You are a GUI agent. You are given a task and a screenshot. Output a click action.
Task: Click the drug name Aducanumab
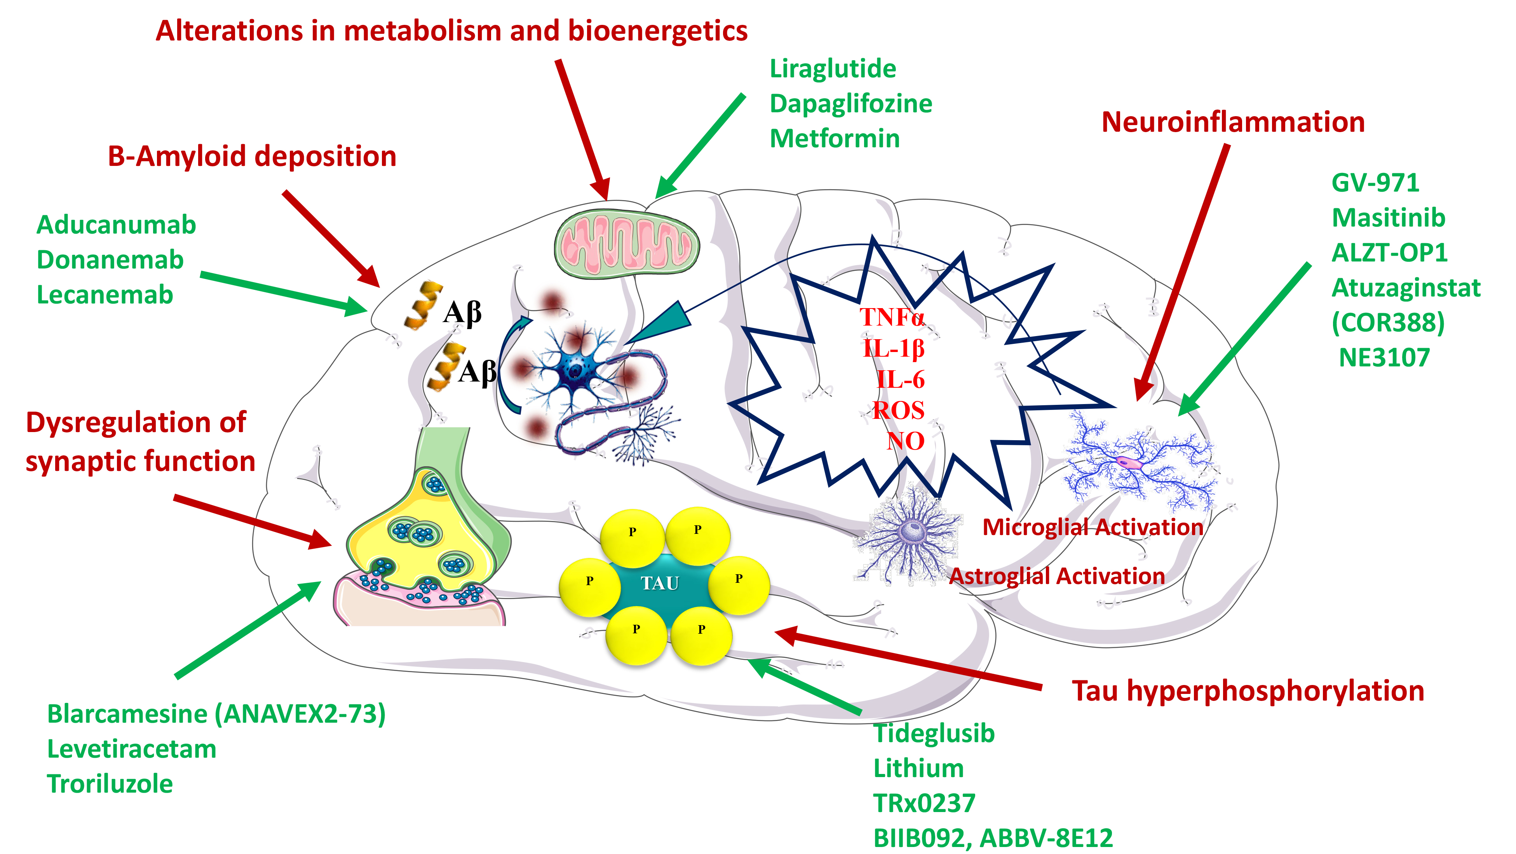click(116, 225)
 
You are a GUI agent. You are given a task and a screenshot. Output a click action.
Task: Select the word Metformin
click(835, 139)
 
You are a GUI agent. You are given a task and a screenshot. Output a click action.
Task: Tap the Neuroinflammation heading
click(1232, 122)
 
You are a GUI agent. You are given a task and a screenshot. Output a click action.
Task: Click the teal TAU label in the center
click(660, 583)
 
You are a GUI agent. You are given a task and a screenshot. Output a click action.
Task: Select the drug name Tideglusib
click(933, 733)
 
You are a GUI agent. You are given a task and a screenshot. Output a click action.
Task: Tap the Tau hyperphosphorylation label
click(1248, 690)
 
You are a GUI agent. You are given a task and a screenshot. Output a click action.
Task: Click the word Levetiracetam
click(131, 749)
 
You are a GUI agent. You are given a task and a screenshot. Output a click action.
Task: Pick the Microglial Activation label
click(1092, 527)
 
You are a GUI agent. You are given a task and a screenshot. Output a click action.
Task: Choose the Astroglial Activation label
click(1056, 575)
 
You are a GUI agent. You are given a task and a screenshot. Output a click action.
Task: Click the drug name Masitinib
click(1388, 218)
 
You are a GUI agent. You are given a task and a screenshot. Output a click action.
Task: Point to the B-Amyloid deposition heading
click(252, 157)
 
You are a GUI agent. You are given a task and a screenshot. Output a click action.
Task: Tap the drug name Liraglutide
click(833, 69)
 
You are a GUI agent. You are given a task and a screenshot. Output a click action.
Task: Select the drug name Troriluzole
click(110, 784)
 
